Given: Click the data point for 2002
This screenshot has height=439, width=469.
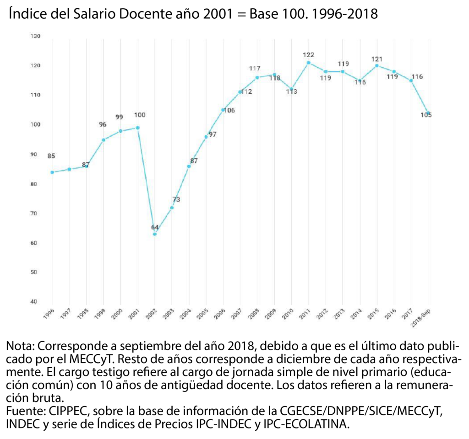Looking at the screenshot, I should tap(155, 234).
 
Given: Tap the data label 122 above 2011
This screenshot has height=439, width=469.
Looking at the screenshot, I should tap(308, 55).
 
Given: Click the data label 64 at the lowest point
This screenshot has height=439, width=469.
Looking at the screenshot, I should tap(155, 227).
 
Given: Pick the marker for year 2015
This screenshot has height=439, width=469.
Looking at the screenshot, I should tap(376, 65).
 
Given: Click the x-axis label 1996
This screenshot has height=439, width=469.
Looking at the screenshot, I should tap(47, 312).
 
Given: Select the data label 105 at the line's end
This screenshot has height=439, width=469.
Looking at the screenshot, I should tap(426, 115).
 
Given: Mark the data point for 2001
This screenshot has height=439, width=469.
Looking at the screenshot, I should tap(137, 128).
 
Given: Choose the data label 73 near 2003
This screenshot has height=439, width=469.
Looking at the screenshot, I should tap(176, 200).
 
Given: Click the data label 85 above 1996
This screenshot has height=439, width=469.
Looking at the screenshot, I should tap(51, 156).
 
